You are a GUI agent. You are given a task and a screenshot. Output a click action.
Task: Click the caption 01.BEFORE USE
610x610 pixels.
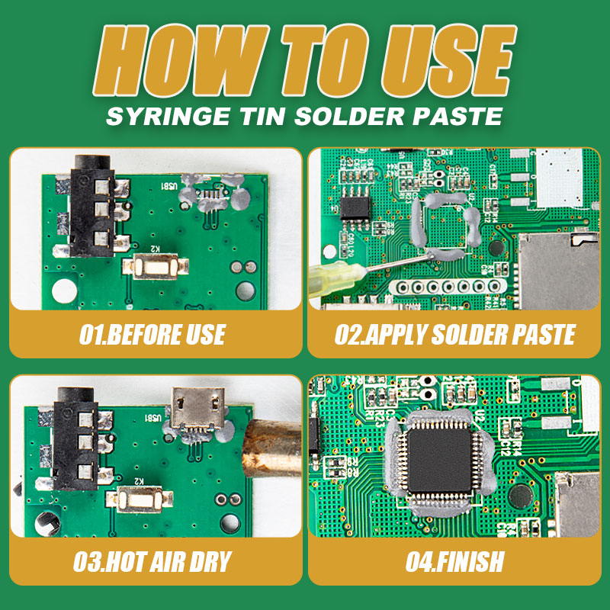point(152,334)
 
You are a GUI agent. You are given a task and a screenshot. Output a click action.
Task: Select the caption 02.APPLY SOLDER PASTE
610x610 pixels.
point(455,334)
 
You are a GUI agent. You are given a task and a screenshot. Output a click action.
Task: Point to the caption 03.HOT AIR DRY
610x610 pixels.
point(152,561)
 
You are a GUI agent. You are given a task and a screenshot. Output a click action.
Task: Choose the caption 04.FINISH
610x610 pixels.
point(454,561)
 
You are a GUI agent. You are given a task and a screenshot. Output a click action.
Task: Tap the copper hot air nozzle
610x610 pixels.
point(272,448)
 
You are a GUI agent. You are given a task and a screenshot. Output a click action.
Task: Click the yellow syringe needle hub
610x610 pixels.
point(337,277)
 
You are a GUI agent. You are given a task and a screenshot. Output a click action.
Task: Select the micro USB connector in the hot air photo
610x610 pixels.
point(198,409)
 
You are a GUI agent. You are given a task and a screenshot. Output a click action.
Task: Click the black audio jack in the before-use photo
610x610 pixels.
point(92,206)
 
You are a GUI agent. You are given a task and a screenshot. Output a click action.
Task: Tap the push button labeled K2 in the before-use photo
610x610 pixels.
point(156,266)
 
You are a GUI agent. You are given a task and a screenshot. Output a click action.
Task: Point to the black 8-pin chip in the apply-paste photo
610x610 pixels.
point(355,207)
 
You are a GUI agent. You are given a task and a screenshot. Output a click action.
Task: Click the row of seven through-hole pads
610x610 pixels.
point(448,287)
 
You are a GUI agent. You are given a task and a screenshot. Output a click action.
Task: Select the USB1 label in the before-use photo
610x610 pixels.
point(169,186)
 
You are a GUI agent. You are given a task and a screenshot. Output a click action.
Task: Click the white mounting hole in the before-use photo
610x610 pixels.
point(65,291)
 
